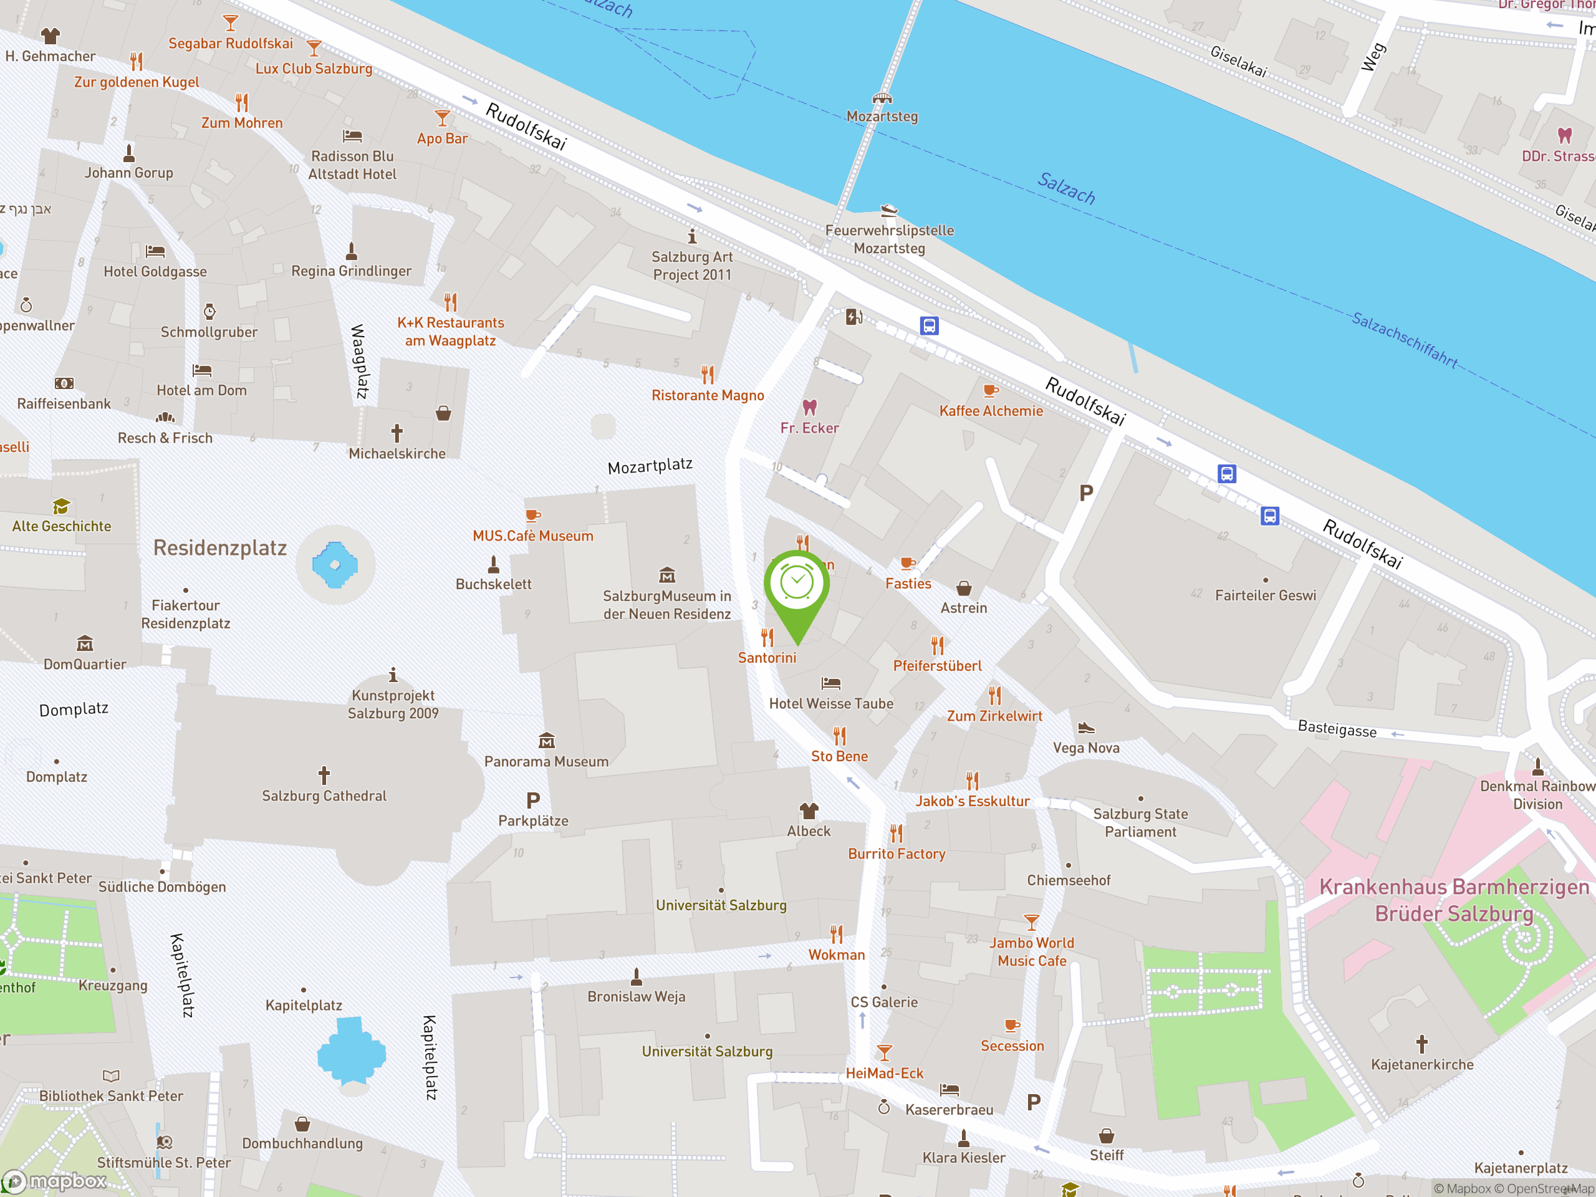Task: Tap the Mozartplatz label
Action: coord(650,466)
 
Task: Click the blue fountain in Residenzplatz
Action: coord(335,565)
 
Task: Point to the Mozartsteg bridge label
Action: coord(882,116)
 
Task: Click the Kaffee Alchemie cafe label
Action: coord(991,411)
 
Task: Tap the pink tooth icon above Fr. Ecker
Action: coord(810,407)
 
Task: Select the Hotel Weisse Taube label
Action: coord(830,703)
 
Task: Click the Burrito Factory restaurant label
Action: coord(896,853)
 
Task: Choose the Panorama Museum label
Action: coord(546,761)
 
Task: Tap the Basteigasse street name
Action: coord(1337,729)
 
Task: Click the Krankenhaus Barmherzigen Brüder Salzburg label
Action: coord(1454,900)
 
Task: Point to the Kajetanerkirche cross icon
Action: coord(1421,1043)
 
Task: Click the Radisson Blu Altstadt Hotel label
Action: coord(352,165)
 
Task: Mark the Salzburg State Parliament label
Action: coord(1140,822)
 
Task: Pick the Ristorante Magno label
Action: coord(707,395)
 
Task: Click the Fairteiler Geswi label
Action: coord(1265,595)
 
